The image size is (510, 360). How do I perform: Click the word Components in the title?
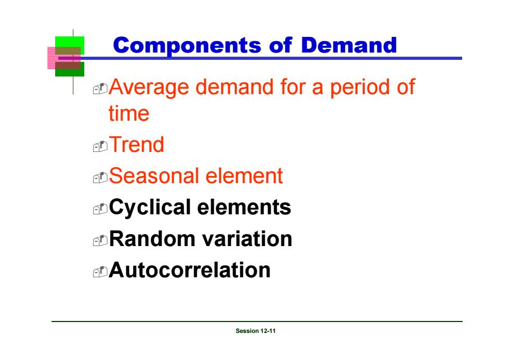click(187, 45)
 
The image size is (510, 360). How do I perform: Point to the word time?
click(129, 113)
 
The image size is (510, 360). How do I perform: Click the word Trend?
click(136, 145)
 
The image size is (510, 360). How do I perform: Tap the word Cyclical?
click(150, 208)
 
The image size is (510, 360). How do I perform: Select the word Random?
click(151, 239)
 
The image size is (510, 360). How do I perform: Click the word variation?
click(247, 239)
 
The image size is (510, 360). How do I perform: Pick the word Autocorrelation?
click(189, 270)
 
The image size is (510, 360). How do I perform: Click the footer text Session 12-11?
click(256, 331)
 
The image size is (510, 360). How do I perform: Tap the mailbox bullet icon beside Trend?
click(100, 146)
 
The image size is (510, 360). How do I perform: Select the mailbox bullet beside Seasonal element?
click(100, 178)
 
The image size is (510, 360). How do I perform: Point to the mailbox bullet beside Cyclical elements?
click(100, 209)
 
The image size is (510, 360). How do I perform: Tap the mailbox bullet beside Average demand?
click(100, 89)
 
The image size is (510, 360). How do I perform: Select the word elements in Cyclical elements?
click(244, 208)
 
